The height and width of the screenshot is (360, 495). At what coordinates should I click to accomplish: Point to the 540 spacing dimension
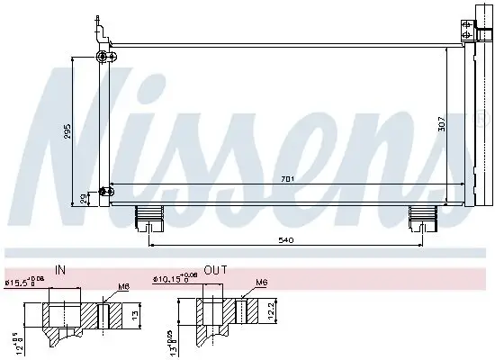point(286,239)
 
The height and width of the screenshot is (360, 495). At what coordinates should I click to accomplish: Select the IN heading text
point(60,269)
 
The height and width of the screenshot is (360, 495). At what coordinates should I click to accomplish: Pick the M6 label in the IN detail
point(123,288)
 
